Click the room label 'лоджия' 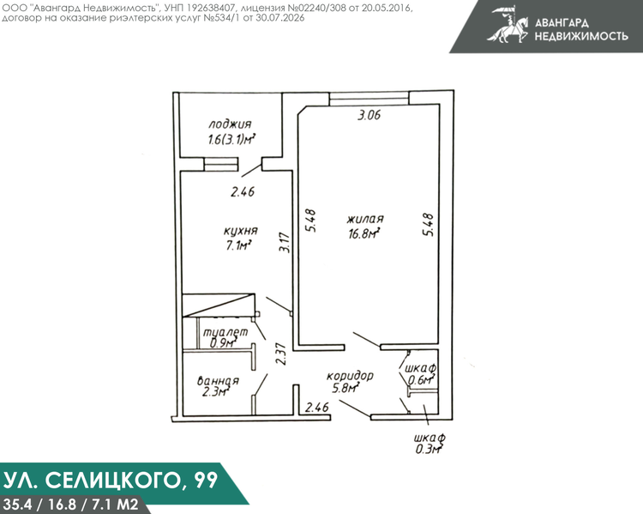(x=230, y=124)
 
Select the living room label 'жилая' (x=365, y=219)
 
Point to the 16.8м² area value (x=364, y=233)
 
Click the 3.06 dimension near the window (x=369, y=115)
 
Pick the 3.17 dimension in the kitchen (x=285, y=243)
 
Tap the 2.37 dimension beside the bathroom (x=281, y=354)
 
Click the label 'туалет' (x=225, y=332)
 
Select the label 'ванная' (x=218, y=381)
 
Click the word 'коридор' (x=350, y=376)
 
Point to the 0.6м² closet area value (x=421, y=381)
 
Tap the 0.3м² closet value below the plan (x=429, y=449)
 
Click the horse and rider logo (x=508, y=25)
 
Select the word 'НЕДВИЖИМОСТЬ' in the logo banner (x=581, y=36)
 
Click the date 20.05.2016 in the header (x=387, y=9)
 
